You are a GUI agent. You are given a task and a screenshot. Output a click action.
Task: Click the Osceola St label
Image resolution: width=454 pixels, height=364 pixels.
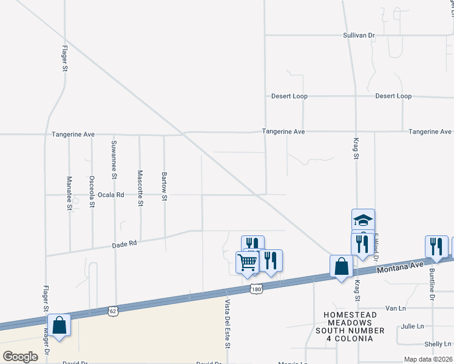(92, 192)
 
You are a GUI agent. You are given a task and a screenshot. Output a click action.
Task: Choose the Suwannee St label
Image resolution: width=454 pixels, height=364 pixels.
(114, 160)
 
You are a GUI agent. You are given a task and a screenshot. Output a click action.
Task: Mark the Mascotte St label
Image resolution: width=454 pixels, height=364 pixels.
(140, 187)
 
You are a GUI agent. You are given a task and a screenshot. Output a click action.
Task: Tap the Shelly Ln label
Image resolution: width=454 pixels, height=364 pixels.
(436, 344)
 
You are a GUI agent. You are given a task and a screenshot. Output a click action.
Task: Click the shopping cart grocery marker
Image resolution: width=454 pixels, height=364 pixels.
(247, 263)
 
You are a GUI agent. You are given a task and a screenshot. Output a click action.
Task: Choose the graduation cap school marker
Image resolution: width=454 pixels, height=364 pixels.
(363, 220)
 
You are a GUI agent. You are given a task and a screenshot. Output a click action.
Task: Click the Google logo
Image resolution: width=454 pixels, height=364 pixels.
(20, 356)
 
